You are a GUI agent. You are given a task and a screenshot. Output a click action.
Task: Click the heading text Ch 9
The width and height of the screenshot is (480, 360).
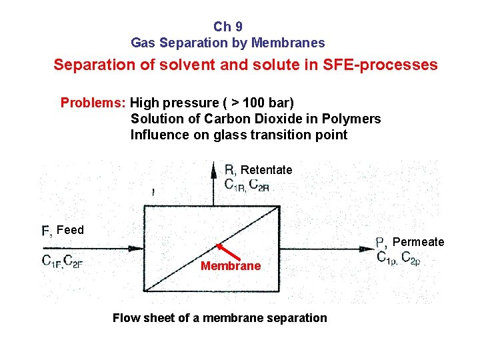(228, 27)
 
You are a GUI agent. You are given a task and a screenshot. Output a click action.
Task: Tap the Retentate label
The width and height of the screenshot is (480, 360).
(266, 170)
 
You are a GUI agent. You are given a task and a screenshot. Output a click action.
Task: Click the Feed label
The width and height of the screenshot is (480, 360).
(70, 230)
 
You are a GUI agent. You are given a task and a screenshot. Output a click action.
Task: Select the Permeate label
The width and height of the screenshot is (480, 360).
(418, 242)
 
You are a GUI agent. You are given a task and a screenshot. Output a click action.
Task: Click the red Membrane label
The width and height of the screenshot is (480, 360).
(231, 266)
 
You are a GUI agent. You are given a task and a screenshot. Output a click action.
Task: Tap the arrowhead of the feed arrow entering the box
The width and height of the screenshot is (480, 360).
(137, 249)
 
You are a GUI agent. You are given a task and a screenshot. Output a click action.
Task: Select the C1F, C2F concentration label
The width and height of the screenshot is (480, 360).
(61, 261)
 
